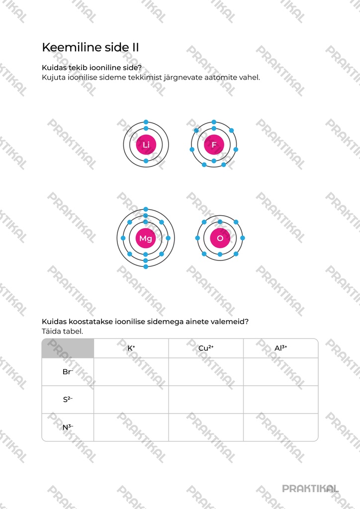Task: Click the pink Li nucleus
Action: click(146, 145)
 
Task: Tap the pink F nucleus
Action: click(214, 145)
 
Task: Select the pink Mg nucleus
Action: click(145, 238)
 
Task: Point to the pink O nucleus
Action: click(220, 238)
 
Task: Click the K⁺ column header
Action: click(131, 348)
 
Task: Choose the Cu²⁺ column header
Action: click(206, 348)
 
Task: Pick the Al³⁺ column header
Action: click(281, 348)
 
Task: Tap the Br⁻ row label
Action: click(68, 372)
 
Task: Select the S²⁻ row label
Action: click(68, 399)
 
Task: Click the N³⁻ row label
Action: click(68, 427)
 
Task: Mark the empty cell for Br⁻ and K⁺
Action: click(131, 372)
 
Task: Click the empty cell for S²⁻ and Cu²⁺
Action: click(206, 399)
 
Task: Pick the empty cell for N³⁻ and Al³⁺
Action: click(281, 427)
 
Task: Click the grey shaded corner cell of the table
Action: click(68, 348)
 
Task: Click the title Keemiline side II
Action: click(90, 47)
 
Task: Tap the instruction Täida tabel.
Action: click(62, 331)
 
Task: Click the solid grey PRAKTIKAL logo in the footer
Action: click(310, 489)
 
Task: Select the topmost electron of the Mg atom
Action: click(146, 209)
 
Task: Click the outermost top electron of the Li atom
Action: click(146, 122)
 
